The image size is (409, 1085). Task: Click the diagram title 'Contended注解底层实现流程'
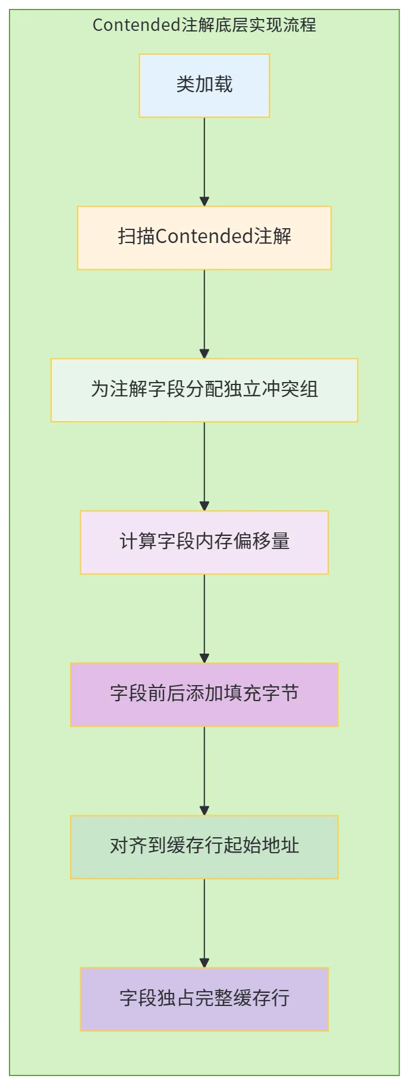(x=204, y=25)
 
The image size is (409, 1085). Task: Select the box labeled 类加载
(x=204, y=86)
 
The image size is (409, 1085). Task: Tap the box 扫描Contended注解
(x=204, y=238)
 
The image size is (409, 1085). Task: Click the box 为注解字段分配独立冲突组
(x=204, y=390)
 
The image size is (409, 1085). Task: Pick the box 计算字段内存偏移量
(x=204, y=542)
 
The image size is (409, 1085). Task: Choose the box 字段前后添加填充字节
(x=204, y=695)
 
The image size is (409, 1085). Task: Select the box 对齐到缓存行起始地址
(x=204, y=847)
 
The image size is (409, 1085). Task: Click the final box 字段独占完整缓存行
(x=204, y=999)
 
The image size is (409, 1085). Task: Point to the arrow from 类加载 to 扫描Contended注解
(x=204, y=162)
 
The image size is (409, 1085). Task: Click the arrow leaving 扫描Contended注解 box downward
(x=204, y=314)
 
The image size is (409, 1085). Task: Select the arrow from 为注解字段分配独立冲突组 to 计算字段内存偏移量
(x=204, y=466)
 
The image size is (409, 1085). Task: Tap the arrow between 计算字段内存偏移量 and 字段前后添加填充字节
(x=204, y=619)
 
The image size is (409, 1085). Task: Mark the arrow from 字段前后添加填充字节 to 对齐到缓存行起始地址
(x=204, y=771)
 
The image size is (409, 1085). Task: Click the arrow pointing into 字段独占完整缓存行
(x=204, y=923)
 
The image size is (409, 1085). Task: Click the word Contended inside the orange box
(x=204, y=236)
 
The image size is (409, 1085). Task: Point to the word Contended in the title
(x=137, y=25)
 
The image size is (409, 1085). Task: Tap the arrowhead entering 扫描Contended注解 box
(x=204, y=201)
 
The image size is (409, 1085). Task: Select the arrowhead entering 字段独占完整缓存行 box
(x=204, y=963)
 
